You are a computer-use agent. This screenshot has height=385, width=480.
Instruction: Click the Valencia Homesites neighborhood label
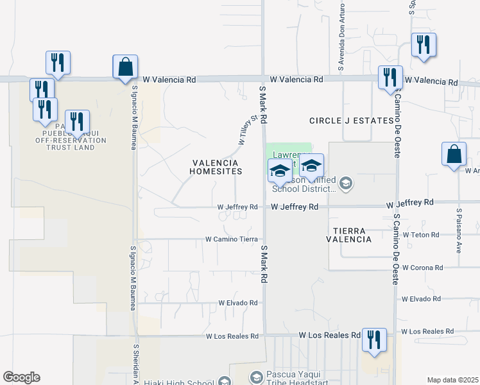[x=216, y=167]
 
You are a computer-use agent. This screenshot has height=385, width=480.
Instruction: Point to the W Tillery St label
[x=248, y=126]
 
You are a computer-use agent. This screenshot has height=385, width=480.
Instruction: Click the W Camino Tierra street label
[x=231, y=239]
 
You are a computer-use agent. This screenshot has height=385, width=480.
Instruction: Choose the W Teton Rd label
[x=421, y=235]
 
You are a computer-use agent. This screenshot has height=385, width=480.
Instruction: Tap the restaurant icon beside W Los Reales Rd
[x=373, y=339]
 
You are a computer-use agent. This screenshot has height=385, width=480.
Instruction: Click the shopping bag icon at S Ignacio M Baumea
[x=124, y=67]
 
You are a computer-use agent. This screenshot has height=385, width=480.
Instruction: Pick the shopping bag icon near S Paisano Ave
[x=453, y=154]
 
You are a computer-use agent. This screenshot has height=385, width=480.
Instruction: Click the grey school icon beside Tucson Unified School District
[x=346, y=185]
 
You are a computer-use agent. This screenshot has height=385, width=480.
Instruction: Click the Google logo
[x=21, y=377]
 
